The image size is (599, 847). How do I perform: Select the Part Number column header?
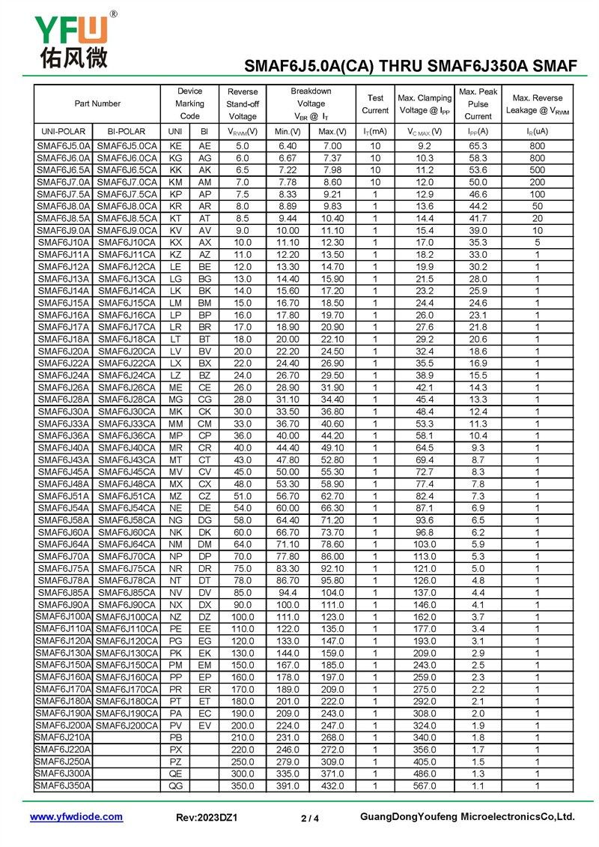pyautogui.click(x=97, y=103)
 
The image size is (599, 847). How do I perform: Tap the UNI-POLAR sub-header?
pyautogui.click(x=64, y=131)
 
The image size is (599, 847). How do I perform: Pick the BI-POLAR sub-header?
pyautogui.click(x=127, y=131)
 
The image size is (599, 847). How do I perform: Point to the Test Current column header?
pyautogui.click(x=375, y=103)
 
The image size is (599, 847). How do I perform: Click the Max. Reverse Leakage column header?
pyautogui.click(x=537, y=103)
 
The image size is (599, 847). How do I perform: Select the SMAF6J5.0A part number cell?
pyautogui.click(x=64, y=146)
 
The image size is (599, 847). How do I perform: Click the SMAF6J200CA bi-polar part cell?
pyautogui.click(x=127, y=726)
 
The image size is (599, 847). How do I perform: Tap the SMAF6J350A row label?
pyautogui.click(x=64, y=786)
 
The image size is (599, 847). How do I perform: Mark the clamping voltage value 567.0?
pyautogui.click(x=425, y=786)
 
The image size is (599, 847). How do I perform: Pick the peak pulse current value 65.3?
pyautogui.click(x=478, y=146)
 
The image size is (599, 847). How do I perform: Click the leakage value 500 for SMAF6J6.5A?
pyautogui.click(x=537, y=170)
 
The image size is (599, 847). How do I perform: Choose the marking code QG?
pyautogui.click(x=175, y=786)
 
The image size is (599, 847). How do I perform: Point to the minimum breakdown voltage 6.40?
pyautogui.click(x=288, y=146)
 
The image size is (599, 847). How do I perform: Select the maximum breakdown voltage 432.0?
pyautogui.click(x=332, y=786)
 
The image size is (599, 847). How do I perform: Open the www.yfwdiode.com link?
pyautogui.click(x=76, y=817)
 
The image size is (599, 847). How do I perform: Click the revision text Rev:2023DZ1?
pyautogui.click(x=207, y=818)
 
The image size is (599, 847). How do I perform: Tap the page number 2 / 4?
pyautogui.click(x=310, y=818)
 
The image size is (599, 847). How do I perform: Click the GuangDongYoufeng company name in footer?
pyautogui.click(x=467, y=817)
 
